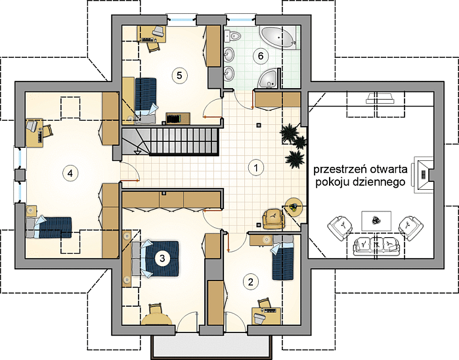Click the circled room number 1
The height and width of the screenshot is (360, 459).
256,168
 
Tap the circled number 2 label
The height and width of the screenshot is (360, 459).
251,282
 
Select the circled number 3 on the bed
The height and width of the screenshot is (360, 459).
162,258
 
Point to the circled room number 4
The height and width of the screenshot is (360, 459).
70,173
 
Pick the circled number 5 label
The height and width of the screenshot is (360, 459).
179,76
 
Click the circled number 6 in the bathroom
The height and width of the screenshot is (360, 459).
261,56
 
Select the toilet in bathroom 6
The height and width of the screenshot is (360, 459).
233,36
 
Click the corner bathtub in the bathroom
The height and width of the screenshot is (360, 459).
278,37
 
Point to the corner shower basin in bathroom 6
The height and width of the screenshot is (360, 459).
269,78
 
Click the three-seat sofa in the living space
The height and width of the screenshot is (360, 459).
376,246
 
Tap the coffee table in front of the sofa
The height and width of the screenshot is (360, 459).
376,221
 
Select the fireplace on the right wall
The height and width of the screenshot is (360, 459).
422,175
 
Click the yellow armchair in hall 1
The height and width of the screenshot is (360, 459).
274,219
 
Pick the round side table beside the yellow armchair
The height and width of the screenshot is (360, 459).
294,207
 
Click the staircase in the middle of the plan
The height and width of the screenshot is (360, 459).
170,141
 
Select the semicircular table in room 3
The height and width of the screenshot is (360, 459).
156,319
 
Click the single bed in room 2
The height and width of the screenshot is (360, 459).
282,258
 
